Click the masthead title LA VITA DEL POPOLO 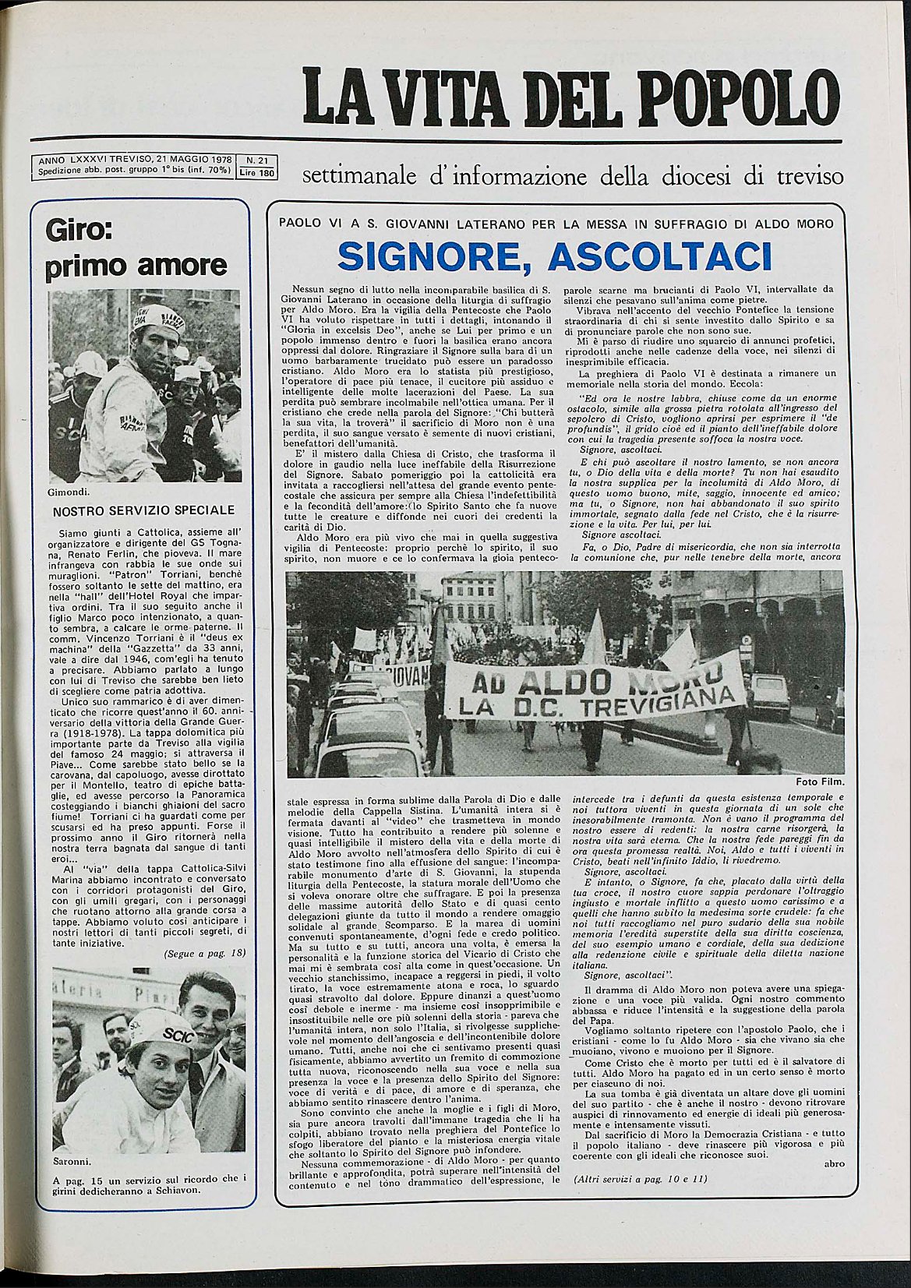(x=571, y=97)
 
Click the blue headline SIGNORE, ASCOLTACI (x=555, y=256)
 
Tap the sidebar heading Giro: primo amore (x=136, y=249)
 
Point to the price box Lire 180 (x=257, y=173)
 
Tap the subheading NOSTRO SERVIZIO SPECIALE (x=143, y=510)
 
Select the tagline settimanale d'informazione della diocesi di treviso (x=572, y=176)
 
